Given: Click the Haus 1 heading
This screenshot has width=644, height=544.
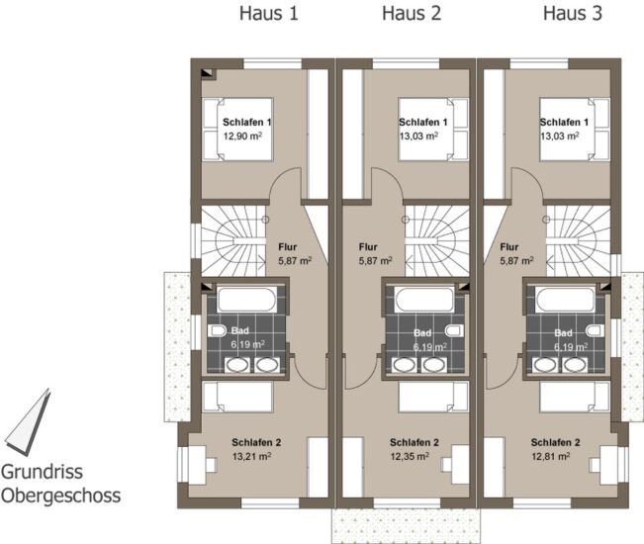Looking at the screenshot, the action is coord(269,13).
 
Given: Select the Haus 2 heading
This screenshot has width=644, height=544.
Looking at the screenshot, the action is coord(412,13).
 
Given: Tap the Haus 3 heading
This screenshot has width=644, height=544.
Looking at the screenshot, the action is coord(573,13).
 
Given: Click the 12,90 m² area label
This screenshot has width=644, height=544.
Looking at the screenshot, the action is coord(242,136).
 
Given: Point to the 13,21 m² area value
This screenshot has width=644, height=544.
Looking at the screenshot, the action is coord(251,456).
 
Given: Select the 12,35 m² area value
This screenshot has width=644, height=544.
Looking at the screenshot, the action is coord(410,456).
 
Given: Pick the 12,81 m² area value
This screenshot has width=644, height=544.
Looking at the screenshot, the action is coord(551,456).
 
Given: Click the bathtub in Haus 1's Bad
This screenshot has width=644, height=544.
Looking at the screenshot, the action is coord(247,300).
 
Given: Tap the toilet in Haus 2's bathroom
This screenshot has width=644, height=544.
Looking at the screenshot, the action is coord(454,330).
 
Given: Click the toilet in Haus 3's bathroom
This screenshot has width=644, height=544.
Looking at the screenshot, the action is coord(596,330).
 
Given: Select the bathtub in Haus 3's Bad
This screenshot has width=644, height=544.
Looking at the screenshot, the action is coord(565,300).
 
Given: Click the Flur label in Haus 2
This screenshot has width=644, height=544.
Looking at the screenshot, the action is coord(368,246).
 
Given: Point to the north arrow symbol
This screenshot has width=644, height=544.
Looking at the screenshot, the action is coord(29,422).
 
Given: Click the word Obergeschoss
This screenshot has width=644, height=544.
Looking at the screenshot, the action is coord(60,496).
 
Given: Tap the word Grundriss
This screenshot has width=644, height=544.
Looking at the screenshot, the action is coord(42,472).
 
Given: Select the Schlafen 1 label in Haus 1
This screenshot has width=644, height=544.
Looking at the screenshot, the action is coord(247,122).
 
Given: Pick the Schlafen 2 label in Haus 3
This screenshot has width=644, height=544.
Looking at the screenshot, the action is coord(555,442).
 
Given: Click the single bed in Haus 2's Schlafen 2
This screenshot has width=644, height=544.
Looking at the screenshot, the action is coord(433,397).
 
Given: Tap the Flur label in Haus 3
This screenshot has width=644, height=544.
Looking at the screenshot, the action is coord(509,246).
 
